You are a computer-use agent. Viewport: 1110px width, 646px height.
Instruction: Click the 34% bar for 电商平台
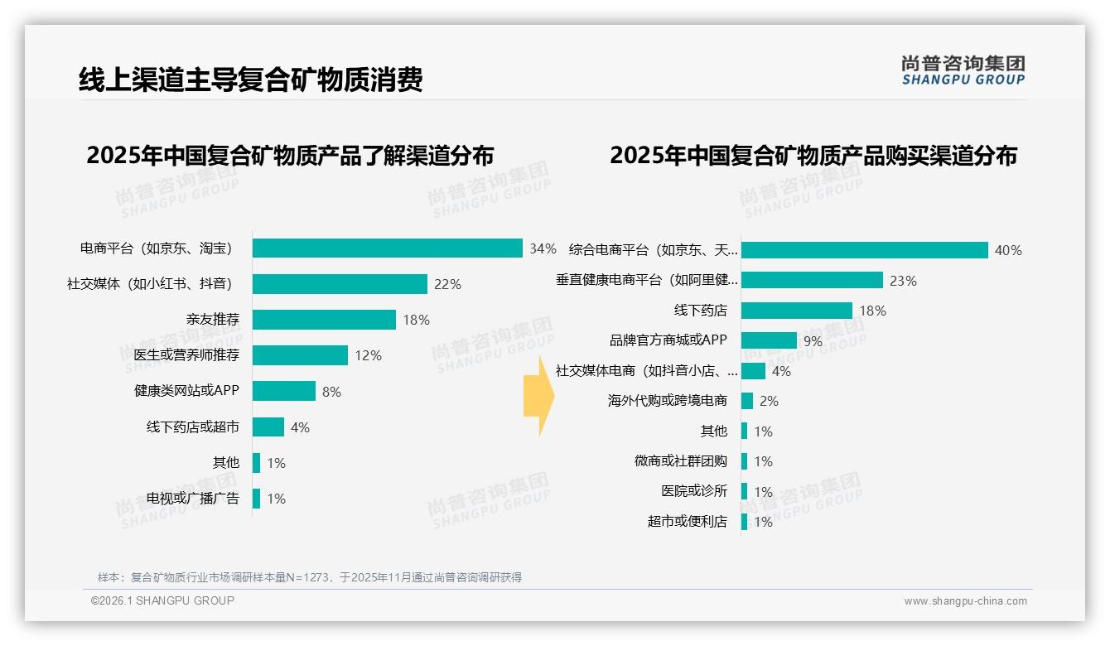point(387,248)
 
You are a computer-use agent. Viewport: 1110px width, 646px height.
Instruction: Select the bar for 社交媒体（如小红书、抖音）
point(340,284)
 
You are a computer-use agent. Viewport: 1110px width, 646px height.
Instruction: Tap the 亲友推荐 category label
point(212,320)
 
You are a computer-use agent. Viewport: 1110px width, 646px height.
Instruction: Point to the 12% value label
point(368,355)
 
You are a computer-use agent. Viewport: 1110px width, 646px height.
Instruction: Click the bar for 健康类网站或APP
point(284,391)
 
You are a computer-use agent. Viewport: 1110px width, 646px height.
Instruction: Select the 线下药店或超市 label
point(192,427)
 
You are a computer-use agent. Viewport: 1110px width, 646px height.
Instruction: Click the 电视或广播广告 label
point(192,499)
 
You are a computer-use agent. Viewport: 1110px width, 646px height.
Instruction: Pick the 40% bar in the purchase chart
point(864,250)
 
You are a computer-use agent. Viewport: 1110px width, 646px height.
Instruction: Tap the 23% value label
point(903,281)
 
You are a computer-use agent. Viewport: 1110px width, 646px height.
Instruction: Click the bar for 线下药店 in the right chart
point(796,311)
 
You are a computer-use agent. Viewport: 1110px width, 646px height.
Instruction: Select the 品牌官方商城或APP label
point(668,340)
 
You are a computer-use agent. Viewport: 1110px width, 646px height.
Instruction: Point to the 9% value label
point(813,341)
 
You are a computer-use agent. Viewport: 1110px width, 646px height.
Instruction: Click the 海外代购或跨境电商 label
point(667,401)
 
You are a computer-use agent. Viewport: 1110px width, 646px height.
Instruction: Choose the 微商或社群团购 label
point(680,461)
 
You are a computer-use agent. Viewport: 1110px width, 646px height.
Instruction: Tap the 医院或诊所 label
point(693,491)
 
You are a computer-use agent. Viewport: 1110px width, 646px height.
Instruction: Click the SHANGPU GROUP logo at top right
point(963,70)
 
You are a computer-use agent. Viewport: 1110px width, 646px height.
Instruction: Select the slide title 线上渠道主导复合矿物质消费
point(250,80)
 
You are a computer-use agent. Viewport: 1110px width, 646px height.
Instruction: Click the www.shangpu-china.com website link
point(965,601)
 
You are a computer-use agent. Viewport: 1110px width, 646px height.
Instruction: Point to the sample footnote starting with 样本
point(309,577)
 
